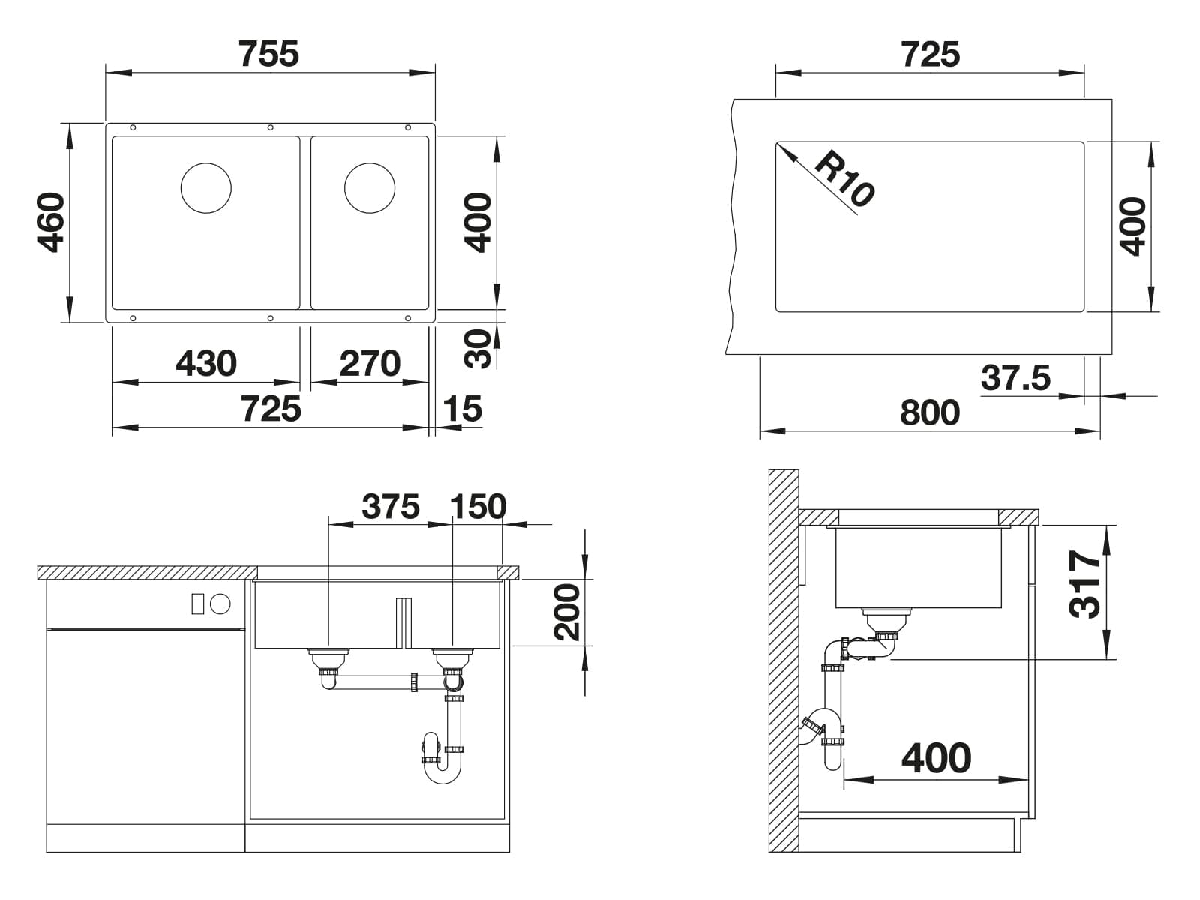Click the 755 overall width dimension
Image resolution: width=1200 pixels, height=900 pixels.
[268, 54]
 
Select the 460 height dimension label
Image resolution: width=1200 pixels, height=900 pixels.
[51, 223]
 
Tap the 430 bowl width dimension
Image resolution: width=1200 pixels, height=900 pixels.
[206, 363]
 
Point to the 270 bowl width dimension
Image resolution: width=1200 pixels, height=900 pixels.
[370, 363]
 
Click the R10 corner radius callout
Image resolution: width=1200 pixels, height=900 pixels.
[844, 178]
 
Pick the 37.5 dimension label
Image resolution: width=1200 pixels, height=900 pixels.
[1015, 377]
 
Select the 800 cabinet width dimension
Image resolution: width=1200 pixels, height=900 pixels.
[930, 412]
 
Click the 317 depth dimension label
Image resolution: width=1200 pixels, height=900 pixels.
[1084, 584]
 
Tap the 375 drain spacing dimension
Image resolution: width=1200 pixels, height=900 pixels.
[390, 506]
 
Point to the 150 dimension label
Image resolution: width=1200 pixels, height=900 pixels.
[478, 506]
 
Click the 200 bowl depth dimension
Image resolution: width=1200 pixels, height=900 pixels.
[567, 613]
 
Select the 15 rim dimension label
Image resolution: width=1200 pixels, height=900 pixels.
[462, 408]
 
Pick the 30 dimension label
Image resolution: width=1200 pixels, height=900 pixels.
[478, 349]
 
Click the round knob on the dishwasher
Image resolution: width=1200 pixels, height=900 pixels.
[220, 604]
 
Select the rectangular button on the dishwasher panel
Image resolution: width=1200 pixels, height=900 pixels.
[197, 604]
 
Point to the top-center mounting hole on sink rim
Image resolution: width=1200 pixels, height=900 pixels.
[270, 127]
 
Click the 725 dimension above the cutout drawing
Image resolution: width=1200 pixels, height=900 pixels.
[930, 54]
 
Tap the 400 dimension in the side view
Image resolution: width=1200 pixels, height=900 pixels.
[936, 758]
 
